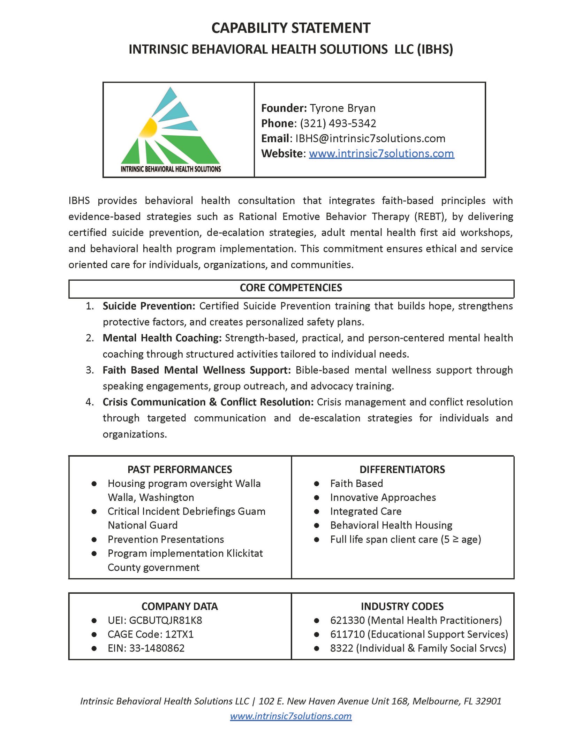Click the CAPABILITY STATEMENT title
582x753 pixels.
[x=291, y=28]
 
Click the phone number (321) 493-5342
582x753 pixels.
[x=338, y=123]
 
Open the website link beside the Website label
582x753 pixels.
[x=381, y=154]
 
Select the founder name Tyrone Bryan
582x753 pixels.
[x=342, y=108]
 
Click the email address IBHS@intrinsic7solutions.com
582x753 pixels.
[x=370, y=139]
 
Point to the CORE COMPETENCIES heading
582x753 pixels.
[x=291, y=288]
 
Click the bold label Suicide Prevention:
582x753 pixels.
[x=149, y=306]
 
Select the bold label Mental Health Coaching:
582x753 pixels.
[x=162, y=338]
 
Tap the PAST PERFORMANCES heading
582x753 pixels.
[x=180, y=470]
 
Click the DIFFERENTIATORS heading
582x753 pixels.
[x=402, y=470]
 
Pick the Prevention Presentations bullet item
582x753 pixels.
[x=166, y=540]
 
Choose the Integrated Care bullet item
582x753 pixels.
[x=366, y=511]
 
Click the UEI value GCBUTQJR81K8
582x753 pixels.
[x=165, y=621]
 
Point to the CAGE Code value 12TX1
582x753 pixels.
[x=180, y=634]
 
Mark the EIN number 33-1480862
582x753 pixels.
[x=157, y=648]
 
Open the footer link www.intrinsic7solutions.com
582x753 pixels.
[x=291, y=716]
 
